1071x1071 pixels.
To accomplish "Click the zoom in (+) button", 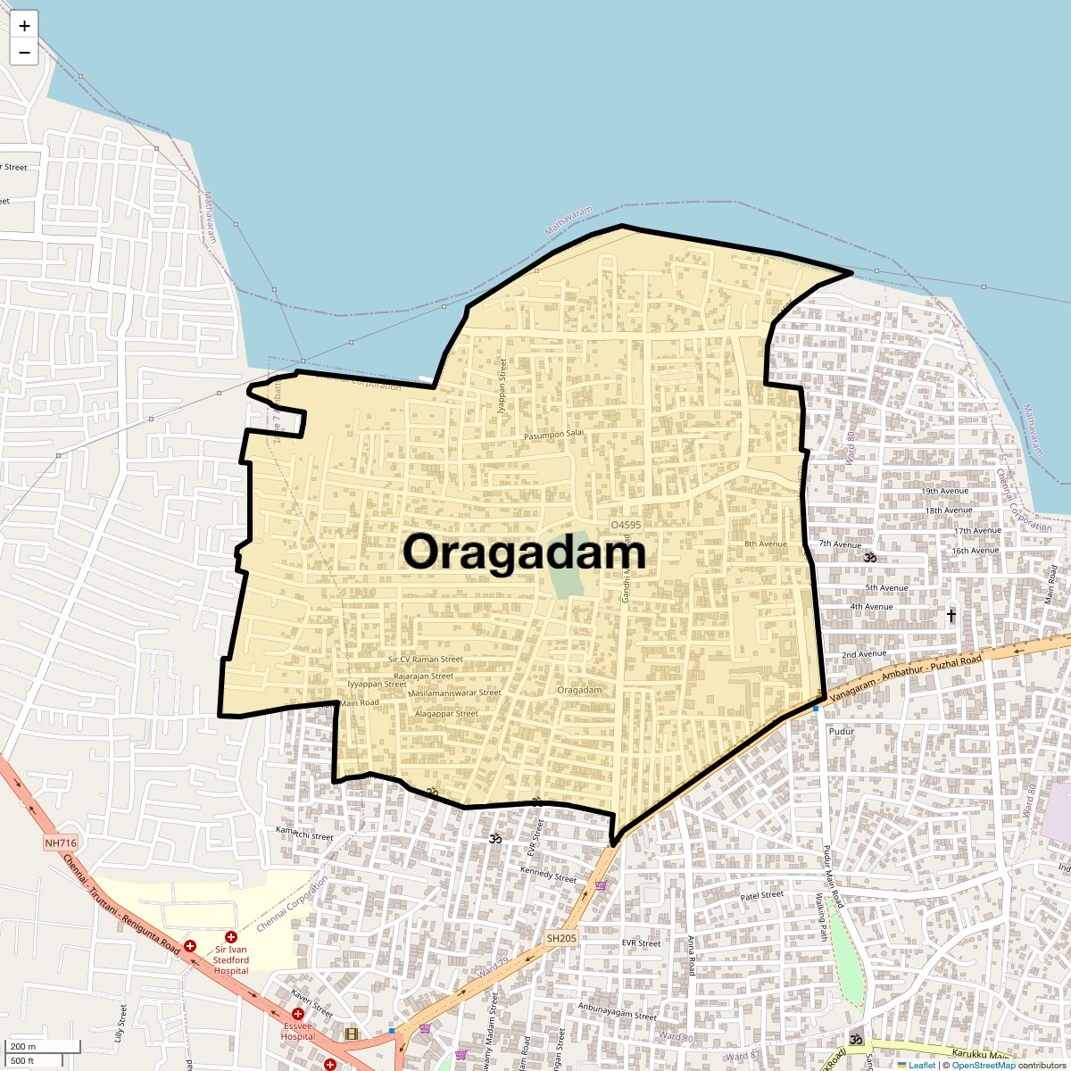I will [24, 26].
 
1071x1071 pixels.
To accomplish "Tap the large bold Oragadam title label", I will [524, 552].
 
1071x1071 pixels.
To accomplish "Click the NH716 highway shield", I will [61, 843].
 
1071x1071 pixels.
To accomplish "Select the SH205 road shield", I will [562, 938].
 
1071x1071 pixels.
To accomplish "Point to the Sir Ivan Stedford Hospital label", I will [231, 959].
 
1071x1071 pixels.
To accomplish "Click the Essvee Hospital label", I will [298, 1031].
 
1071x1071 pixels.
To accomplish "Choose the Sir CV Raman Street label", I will [426, 660].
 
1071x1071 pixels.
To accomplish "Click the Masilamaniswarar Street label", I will [455, 693].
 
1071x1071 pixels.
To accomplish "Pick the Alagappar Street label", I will [447, 714].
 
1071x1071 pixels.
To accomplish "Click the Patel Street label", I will [762, 895].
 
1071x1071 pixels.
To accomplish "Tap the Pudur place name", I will [842, 731].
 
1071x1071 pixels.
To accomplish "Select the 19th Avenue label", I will [945, 491].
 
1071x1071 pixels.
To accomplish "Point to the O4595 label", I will [626, 525].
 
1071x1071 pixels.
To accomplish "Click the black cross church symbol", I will [951, 615].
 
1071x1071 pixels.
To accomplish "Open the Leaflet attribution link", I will [922, 1065].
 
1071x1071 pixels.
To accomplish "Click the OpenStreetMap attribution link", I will [984, 1065].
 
